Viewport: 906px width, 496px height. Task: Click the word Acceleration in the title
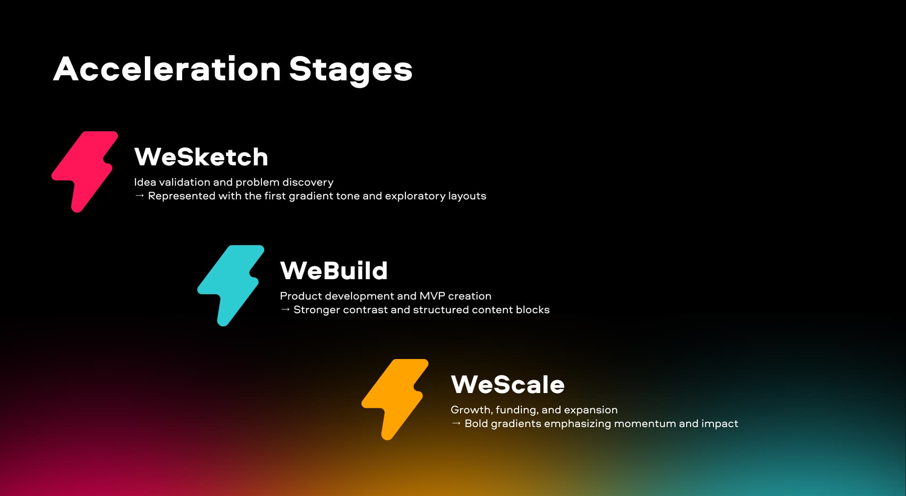click(x=167, y=69)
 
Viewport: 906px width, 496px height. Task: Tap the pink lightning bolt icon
click(x=85, y=172)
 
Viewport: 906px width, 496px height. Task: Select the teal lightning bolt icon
click(x=231, y=286)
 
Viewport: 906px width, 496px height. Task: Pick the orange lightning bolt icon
click(x=395, y=400)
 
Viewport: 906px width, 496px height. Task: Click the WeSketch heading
click(x=201, y=157)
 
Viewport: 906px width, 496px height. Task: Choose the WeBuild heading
click(x=334, y=271)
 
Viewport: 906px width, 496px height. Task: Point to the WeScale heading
click(x=508, y=385)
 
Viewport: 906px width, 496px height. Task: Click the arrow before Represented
click(x=139, y=196)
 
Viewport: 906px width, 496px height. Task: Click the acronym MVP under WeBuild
click(x=432, y=296)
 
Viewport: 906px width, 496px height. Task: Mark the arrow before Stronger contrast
click(x=285, y=309)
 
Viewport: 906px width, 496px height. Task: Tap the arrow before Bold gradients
click(x=456, y=423)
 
